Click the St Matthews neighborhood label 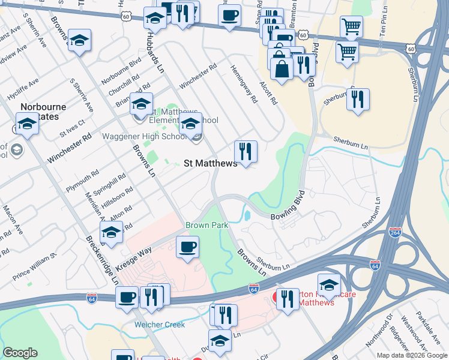(210, 163)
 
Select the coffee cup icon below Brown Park (187, 247)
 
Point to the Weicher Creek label (159, 325)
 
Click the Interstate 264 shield (394, 232)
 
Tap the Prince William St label (34, 267)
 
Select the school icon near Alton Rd (111, 232)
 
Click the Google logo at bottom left (20, 353)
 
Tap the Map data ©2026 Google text (411, 355)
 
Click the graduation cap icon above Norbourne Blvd (79, 40)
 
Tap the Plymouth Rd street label (82, 180)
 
